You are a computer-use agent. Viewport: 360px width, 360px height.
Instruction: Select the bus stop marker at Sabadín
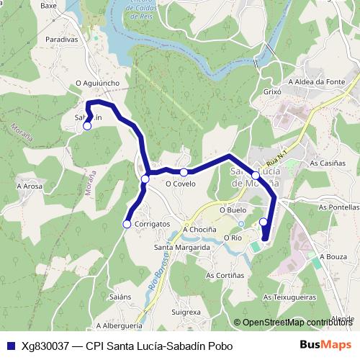click(87, 126)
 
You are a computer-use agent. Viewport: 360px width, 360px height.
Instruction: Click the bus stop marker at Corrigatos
click(127, 224)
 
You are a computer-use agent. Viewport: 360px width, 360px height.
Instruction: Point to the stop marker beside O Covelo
click(184, 172)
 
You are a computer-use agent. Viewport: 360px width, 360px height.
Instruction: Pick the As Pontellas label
click(333, 207)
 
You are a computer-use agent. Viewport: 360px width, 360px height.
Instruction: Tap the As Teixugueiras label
click(289, 296)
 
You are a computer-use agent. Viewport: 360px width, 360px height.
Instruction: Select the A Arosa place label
click(30, 186)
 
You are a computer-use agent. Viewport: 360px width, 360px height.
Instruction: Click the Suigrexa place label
click(186, 312)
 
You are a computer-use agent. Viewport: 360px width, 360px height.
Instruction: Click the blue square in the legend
click(10, 346)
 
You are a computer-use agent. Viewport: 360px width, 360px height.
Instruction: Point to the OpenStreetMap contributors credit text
click(297, 323)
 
